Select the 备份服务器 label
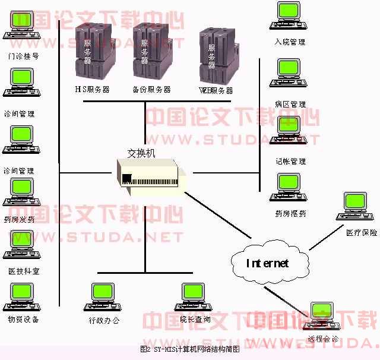[x=151, y=90]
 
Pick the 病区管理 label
[x=290, y=104]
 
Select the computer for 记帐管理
[x=291, y=133]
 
